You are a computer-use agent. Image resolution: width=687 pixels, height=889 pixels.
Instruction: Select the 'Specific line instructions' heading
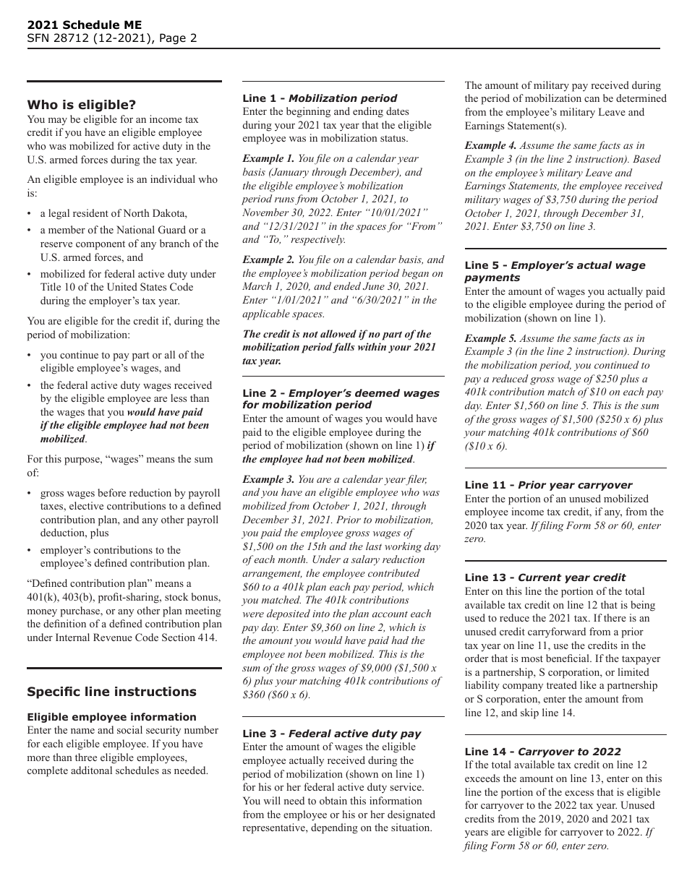point(111,692)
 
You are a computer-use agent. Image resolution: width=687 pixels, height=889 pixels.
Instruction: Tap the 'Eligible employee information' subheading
point(111,717)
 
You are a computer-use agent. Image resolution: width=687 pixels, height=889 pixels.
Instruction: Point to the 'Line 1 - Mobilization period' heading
point(320,98)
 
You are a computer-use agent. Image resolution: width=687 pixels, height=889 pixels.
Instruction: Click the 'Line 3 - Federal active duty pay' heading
point(332,734)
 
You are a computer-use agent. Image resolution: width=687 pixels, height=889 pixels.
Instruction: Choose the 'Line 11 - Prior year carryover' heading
point(548,485)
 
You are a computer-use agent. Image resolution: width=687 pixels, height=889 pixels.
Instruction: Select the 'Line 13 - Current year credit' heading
point(545,577)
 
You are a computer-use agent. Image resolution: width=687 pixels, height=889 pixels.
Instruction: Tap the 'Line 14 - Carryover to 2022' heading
point(542,752)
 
